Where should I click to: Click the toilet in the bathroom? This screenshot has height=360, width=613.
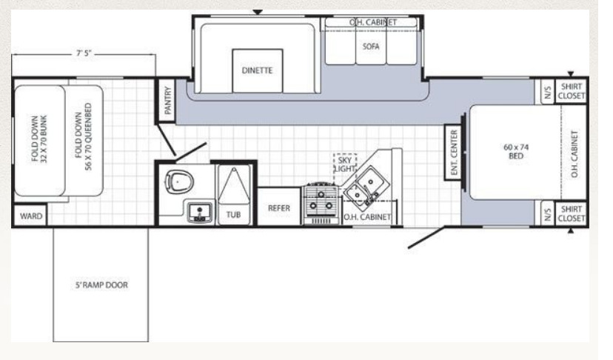tap(179, 181)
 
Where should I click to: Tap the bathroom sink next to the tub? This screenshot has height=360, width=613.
tap(200, 212)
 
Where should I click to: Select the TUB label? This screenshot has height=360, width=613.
tap(233, 214)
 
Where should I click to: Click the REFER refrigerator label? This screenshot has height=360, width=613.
tap(279, 208)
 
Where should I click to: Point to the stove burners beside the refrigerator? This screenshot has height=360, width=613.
tap(321, 202)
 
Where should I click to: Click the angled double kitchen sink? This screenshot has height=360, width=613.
tap(366, 186)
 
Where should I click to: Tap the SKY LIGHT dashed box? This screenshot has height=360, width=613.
tap(345, 164)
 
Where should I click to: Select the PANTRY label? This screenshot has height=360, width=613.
tap(168, 101)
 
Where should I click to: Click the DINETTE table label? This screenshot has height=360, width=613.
tap(257, 70)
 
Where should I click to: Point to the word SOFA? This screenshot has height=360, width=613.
tap(371, 46)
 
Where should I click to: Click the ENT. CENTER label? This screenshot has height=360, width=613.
tap(454, 152)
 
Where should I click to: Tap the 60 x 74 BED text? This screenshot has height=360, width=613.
tap(516, 151)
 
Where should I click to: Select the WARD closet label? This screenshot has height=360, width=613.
tap(31, 216)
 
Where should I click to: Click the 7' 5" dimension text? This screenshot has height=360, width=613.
tap(84, 53)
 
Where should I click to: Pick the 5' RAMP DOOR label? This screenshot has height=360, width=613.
tap(101, 285)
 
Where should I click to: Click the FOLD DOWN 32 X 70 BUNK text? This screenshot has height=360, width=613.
tap(39, 139)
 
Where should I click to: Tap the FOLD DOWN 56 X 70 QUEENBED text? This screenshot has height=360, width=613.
tap(84, 136)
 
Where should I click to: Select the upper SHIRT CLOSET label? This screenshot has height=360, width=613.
tap(572, 91)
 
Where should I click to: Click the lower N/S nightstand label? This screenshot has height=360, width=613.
tap(548, 214)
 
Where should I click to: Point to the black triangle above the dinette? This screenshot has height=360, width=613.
tap(257, 12)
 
